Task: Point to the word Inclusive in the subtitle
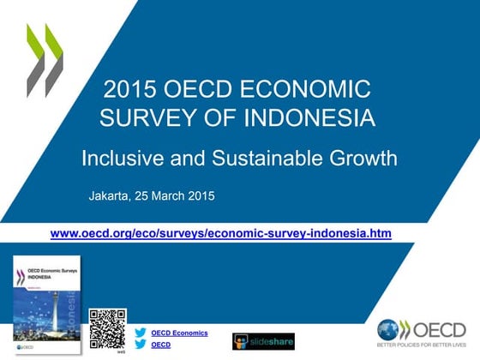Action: click(x=118, y=158)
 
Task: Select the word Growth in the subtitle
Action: click(x=348, y=158)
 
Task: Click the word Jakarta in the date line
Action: click(x=110, y=196)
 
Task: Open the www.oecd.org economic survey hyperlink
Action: click(x=221, y=232)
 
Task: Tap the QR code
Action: click(x=108, y=327)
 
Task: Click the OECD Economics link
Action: click(x=179, y=332)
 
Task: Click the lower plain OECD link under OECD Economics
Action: click(x=161, y=345)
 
